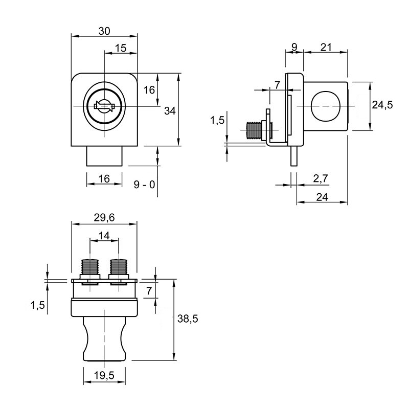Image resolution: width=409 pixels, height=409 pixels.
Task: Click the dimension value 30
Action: tap(104, 31)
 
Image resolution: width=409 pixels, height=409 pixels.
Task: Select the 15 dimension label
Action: tap(121, 48)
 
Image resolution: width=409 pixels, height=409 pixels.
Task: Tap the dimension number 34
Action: tap(170, 111)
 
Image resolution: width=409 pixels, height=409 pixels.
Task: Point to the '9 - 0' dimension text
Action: tap(144, 185)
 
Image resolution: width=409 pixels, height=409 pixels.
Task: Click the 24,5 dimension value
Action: tap(382, 105)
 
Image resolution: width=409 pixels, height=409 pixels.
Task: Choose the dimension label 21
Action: tap(326, 48)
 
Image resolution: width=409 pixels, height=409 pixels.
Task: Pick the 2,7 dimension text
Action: tap(321, 178)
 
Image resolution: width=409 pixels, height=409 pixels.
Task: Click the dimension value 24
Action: tap(322, 197)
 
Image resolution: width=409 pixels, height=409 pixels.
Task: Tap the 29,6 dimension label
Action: tap(104, 218)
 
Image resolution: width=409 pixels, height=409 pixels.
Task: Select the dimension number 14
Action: tap(104, 236)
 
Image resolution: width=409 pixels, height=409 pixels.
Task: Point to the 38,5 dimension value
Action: tap(188, 319)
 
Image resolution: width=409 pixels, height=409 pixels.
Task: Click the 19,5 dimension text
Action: tap(104, 376)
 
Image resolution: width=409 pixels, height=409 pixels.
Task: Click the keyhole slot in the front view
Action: tap(104, 106)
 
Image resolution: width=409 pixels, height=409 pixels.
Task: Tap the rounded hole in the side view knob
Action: tap(326, 106)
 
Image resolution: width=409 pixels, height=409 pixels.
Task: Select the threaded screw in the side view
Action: tap(254, 131)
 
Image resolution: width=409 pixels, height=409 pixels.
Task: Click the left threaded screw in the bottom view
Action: tap(90, 267)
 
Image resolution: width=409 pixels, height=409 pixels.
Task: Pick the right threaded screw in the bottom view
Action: tap(119, 267)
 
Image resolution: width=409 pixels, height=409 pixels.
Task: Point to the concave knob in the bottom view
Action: tap(104, 339)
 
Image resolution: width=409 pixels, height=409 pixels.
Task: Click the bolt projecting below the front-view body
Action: tap(104, 156)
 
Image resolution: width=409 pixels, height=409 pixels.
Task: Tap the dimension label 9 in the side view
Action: tap(294, 48)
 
